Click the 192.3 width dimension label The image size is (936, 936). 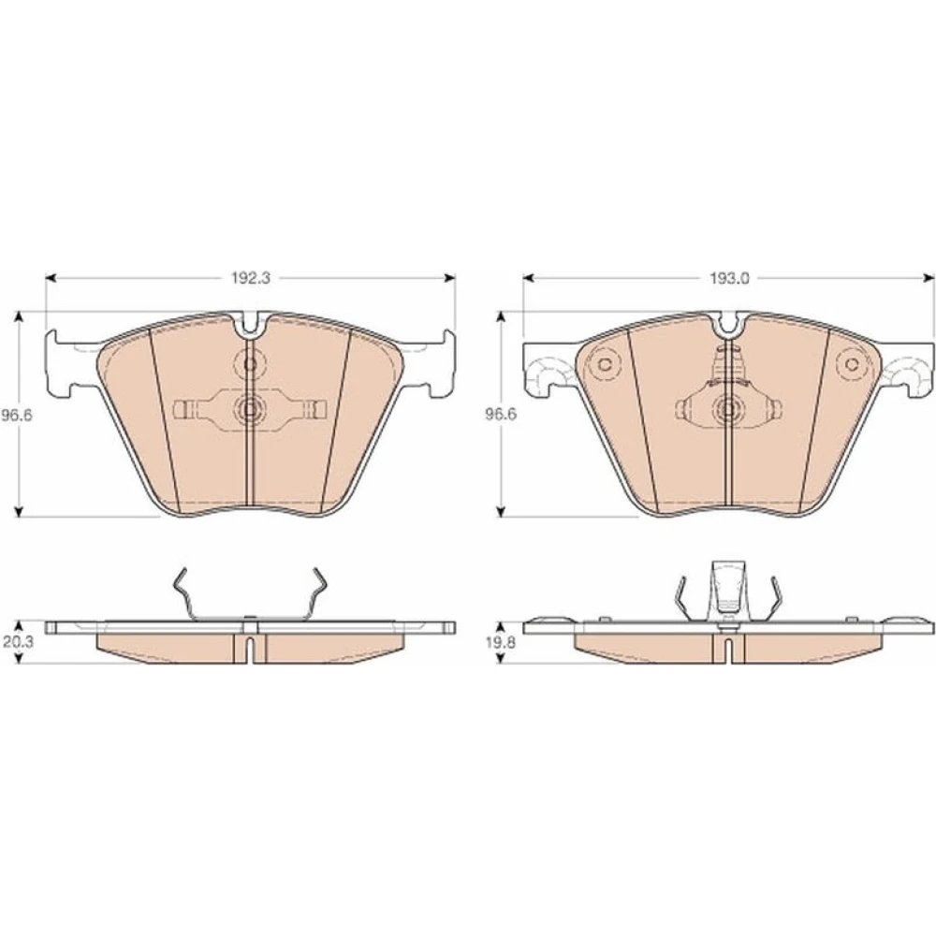coord(251,278)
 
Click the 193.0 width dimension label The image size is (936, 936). coord(729,278)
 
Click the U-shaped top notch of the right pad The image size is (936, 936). coord(728,324)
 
